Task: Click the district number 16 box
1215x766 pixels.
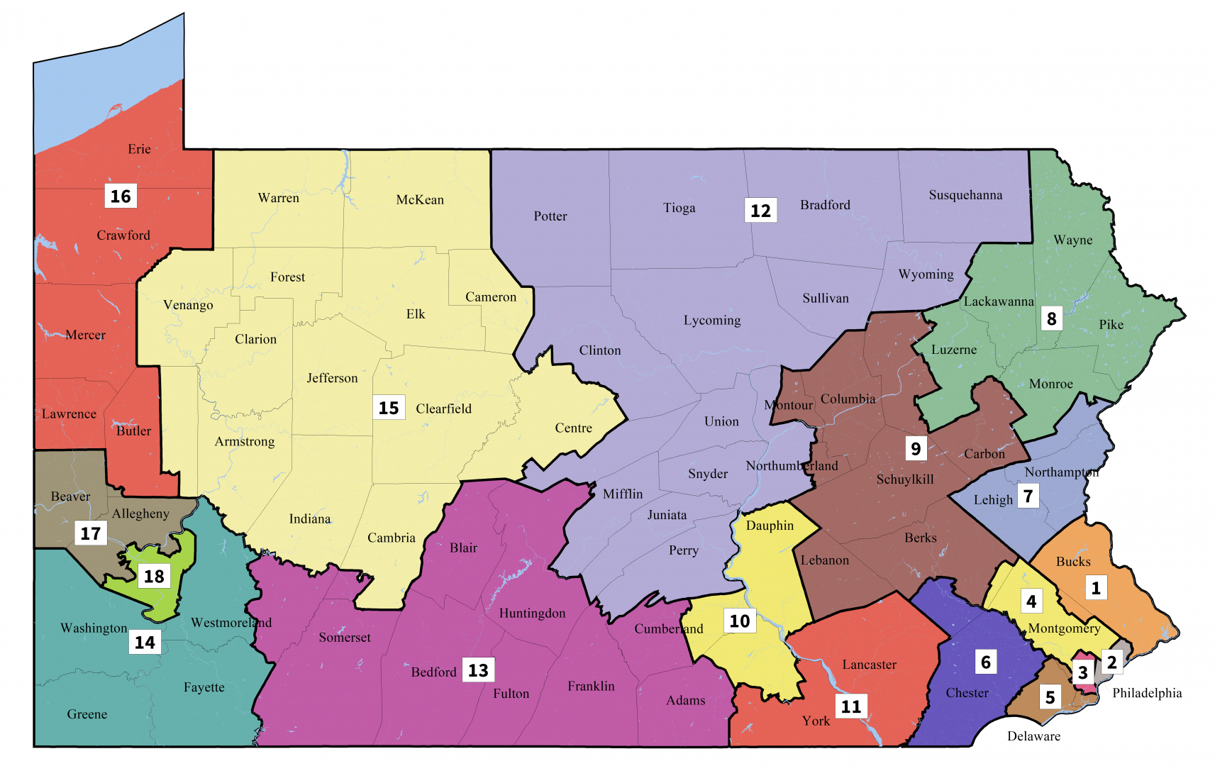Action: pos(121,196)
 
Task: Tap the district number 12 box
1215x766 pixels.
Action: pos(760,211)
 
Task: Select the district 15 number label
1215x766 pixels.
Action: pos(389,408)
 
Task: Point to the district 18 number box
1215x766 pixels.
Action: pos(154,576)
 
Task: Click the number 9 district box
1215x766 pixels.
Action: pos(916,448)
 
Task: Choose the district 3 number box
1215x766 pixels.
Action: pos(1082,672)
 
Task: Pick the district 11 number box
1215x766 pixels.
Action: pos(851,706)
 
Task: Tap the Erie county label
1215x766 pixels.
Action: pos(139,149)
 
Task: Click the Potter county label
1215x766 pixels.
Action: pos(550,216)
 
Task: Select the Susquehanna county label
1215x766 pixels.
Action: pos(965,195)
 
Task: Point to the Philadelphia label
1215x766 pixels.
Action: pos(1147,693)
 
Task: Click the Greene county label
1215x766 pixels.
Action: pos(87,714)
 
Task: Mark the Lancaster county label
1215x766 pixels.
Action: pos(869,665)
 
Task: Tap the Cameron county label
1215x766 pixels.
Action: pos(491,297)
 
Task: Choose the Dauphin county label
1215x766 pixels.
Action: pos(770,526)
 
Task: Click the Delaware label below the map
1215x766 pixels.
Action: pos(1033,736)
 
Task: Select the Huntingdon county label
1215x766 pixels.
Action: pos(532,614)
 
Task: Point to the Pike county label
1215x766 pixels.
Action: pos(1111,325)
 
